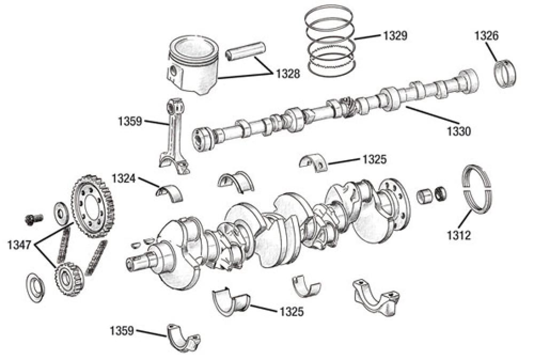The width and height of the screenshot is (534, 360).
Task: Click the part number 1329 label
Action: pyautogui.click(x=395, y=36)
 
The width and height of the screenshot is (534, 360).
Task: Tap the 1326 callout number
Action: pyautogui.click(x=486, y=36)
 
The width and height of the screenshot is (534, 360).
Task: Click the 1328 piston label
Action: pyautogui.click(x=288, y=74)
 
